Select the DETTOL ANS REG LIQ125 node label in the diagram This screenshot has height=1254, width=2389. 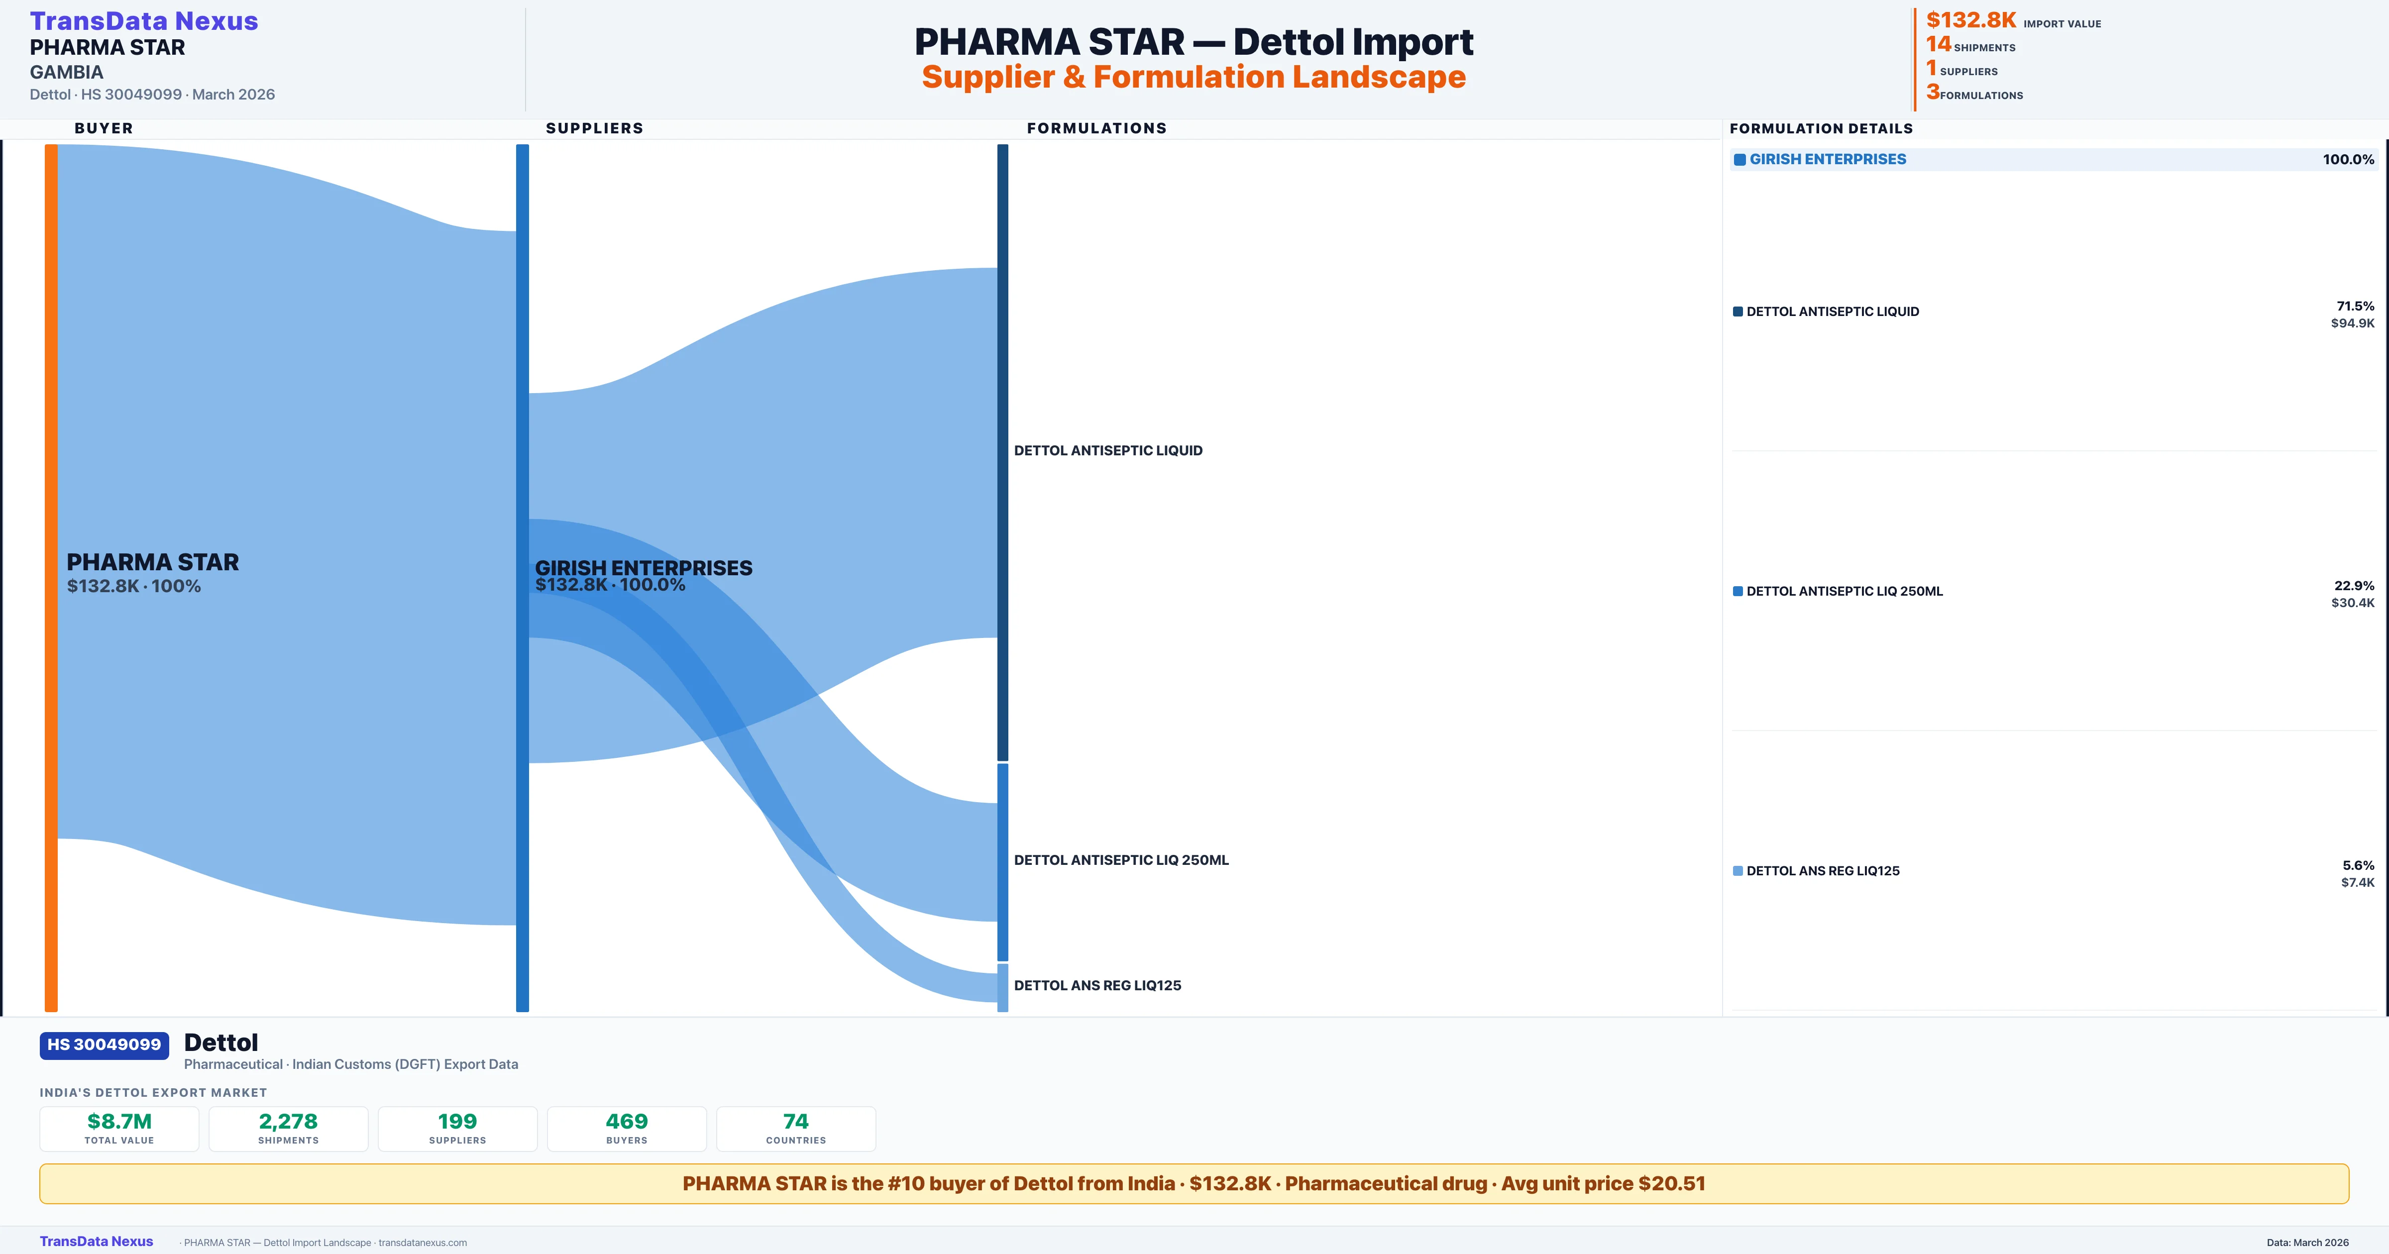click(1097, 985)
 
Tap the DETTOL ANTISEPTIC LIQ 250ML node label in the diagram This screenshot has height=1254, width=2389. click(1120, 860)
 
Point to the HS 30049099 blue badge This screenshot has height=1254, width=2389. click(104, 1045)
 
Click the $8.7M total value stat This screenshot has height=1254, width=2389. click(119, 1121)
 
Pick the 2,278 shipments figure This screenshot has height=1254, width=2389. click(289, 1121)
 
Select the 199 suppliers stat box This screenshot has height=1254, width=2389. click(457, 1128)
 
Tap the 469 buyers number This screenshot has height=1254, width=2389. click(627, 1121)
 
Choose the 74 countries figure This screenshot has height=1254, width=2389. click(796, 1121)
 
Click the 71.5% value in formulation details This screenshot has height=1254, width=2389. click(2355, 306)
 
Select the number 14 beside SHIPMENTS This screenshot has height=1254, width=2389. click(1938, 44)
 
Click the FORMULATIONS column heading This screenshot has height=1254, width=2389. click(1096, 128)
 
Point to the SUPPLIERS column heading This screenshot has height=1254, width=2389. click(594, 128)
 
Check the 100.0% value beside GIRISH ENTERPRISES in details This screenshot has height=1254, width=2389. click(2348, 160)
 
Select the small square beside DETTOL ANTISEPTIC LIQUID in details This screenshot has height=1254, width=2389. click(1738, 312)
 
